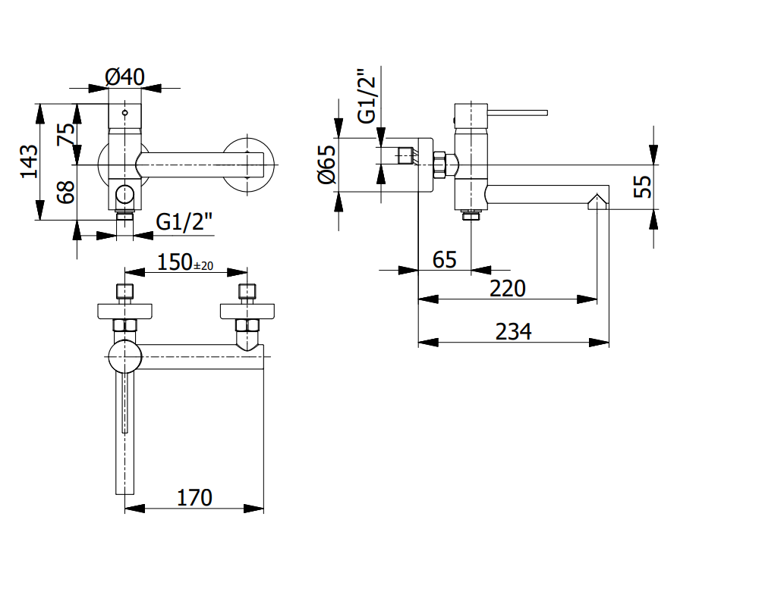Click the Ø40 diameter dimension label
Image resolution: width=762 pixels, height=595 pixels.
(124, 76)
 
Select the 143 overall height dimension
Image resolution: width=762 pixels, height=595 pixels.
(29, 161)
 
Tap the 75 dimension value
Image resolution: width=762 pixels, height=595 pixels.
(68, 134)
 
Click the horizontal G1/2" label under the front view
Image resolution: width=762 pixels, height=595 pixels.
(184, 222)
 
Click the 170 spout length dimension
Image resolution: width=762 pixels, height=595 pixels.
(195, 498)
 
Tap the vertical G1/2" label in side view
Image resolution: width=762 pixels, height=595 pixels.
(367, 96)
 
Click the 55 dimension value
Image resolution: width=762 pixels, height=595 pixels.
(643, 186)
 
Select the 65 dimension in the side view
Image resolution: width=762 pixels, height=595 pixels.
(444, 260)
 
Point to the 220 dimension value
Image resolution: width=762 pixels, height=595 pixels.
(508, 289)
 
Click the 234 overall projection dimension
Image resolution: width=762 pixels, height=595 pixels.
(514, 332)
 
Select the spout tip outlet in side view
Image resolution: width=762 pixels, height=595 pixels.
(598, 201)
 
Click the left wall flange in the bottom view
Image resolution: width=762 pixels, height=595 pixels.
(125, 311)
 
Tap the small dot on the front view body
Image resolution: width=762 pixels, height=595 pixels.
(125, 112)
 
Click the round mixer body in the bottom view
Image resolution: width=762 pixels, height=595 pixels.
(125, 356)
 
